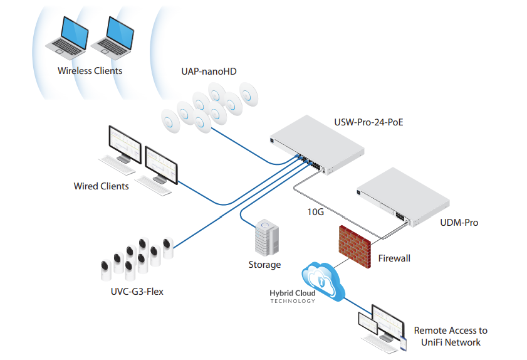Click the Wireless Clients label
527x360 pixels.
pyautogui.click(x=90, y=71)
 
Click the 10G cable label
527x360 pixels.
pyautogui.click(x=315, y=212)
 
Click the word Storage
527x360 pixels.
pyautogui.click(x=264, y=265)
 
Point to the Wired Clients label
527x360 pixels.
pyautogui.click(x=101, y=186)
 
